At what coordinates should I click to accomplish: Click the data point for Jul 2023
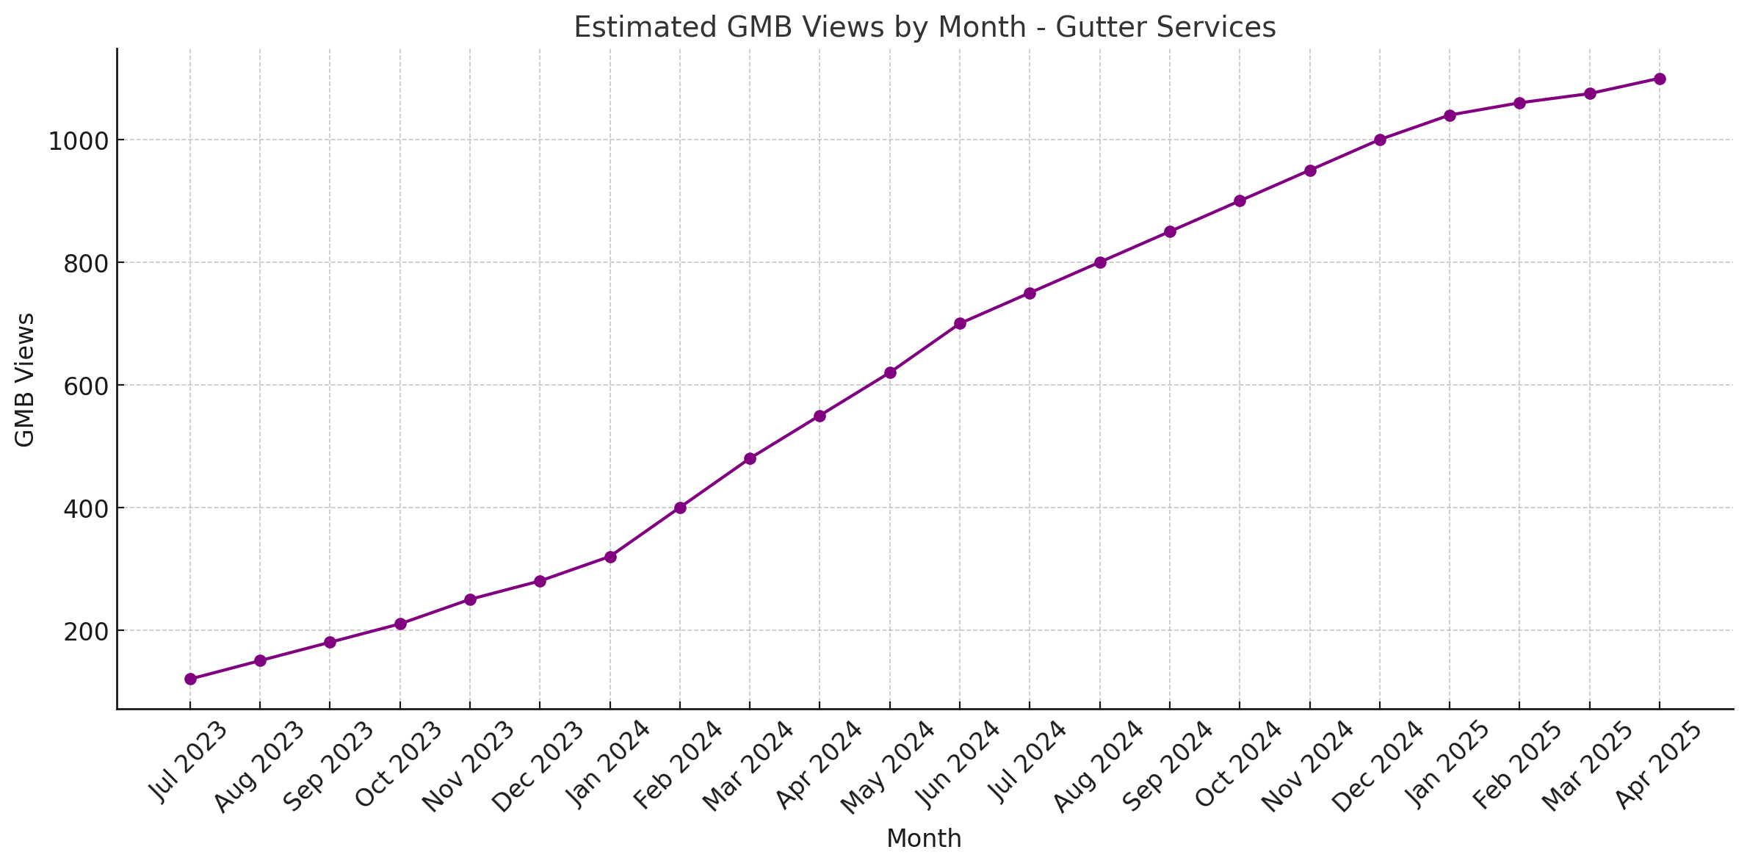pyautogui.click(x=190, y=679)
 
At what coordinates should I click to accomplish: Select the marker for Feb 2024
pyautogui.click(x=680, y=508)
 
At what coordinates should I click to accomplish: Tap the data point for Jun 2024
pyautogui.click(x=960, y=323)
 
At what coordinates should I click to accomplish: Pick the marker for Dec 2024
pyautogui.click(x=1380, y=140)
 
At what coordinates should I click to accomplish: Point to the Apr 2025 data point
pyautogui.click(x=1660, y=79)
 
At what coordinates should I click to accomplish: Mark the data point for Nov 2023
pyautogui.click(x=470, y=599)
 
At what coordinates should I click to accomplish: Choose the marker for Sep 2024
pyautogui.click(x=1170, y=231)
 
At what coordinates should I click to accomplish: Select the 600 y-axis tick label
pyautogui.click(x=84, y=386)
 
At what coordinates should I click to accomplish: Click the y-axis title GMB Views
pyautogui.click(x=25, y=379)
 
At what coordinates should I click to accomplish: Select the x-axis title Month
pyautogui.click(x=924, y=839)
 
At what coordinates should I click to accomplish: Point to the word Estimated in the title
pyautogui.click(x=645, y=28)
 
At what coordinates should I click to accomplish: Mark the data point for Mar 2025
pyautogui.click(x=1590, y=93)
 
